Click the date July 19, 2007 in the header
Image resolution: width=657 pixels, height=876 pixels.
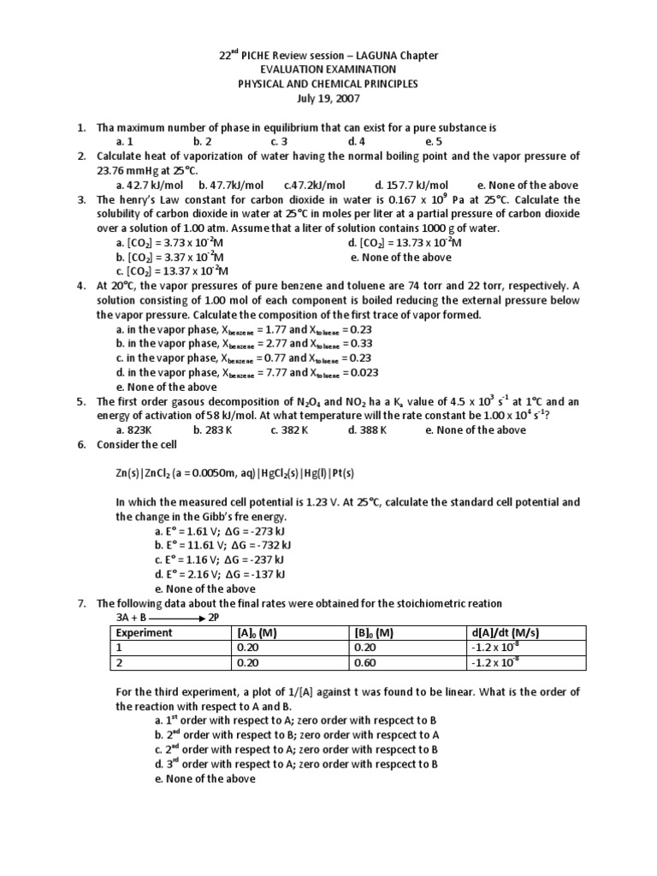point(328,98)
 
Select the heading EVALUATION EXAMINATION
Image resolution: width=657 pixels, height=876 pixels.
point(328,69)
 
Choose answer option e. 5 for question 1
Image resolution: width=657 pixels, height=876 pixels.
point(433,141)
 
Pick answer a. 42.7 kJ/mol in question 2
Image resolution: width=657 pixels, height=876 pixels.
point(151,185)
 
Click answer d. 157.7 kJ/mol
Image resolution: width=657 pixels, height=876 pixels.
point(411,185)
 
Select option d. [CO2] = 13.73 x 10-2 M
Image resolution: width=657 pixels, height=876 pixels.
point(405,243)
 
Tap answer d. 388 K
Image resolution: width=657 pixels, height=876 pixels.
point(368,430)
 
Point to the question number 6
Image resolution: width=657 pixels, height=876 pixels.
point(81,445)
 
